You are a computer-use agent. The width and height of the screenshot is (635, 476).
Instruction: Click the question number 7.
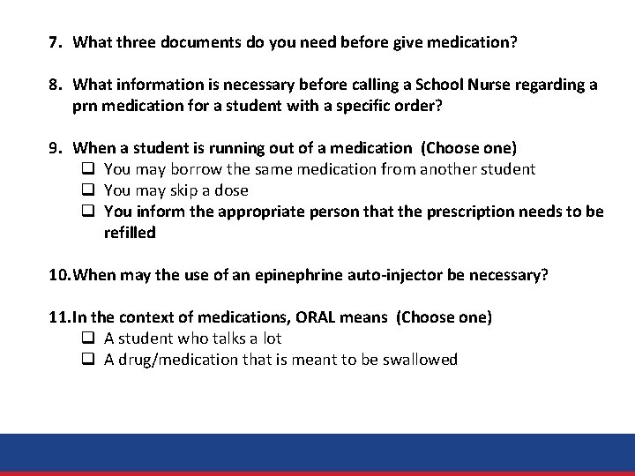(x=54, y=41)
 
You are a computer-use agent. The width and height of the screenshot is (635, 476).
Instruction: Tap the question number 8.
(x=54, y=85)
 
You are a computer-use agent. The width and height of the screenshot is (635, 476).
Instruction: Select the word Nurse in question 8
(x=490, y=85)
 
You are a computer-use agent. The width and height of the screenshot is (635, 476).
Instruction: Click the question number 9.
(x=54, y=148)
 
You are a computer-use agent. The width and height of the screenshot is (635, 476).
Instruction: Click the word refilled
(x=130, y=233)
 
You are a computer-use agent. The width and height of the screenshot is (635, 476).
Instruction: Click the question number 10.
(x=58, y=275)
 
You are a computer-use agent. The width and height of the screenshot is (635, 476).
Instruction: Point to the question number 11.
(x=58, y=317)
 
